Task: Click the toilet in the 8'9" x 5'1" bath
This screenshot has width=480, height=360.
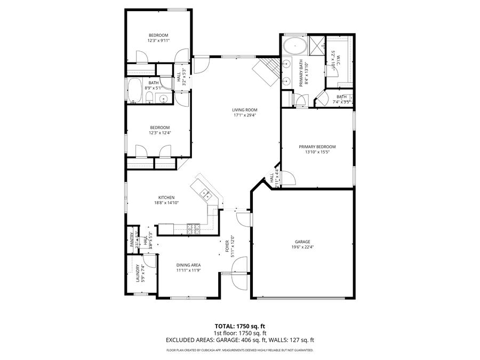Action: pyautogui.click(x=150, y=97)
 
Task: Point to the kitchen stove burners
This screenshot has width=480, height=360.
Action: pyautogui.click(x=193, y=229)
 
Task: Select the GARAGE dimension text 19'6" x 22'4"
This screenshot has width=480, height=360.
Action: pyautogui.click(x=302, y=247)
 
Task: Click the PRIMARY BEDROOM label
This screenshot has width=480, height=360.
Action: pyautogui.click(x=317, y=147)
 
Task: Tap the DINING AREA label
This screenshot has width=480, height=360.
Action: pyautogui.click(x=188, y=265)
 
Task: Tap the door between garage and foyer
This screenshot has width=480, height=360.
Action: pyautogui.click(x=243, y=219)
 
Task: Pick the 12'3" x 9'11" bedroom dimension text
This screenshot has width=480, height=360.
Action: pyautogui.click(x=158, y=41)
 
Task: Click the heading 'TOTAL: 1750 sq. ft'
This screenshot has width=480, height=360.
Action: pyautogui.click(x=239, y=326)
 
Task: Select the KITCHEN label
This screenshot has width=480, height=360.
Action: pyautogui.click(x=166, y=197)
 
